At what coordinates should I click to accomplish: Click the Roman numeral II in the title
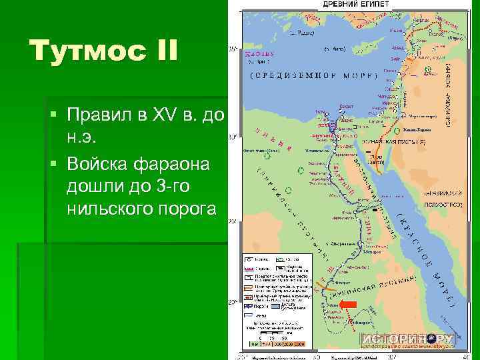tap(160, 51)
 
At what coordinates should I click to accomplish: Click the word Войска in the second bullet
tap(101, 162)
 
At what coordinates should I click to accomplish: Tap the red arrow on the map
tap(349, 305)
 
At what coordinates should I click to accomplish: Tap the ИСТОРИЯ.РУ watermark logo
tap(407, 338)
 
